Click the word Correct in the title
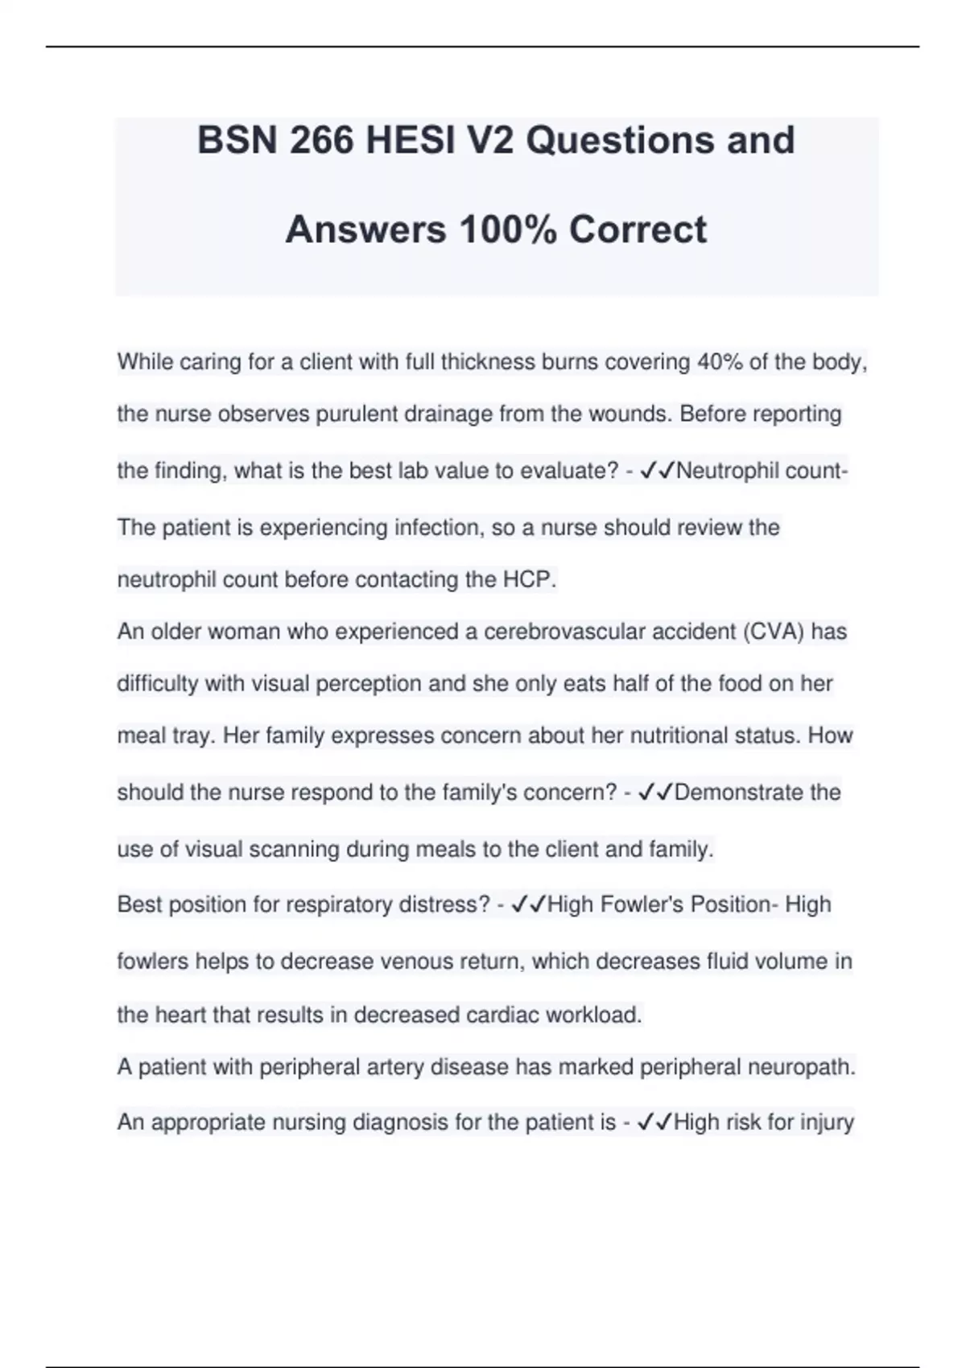pos(638,230)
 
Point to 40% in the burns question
pos(720,362)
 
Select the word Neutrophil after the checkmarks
pos(727,471)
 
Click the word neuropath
pos(802,1067)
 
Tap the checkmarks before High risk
pos(654,1122)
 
